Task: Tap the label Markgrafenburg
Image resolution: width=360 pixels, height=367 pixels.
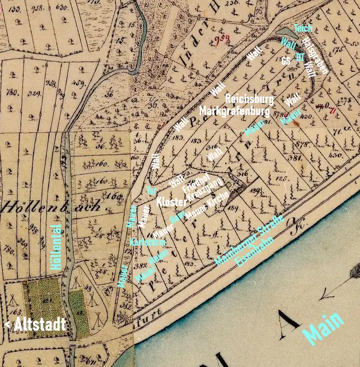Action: click(234, 111)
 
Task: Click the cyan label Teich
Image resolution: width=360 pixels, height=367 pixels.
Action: click(303, 28)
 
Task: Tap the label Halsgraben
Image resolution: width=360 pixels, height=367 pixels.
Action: click(315, 56)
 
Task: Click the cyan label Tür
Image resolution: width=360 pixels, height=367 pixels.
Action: click(151, 190)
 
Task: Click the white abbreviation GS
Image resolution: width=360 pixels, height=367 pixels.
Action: click(286, 61)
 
